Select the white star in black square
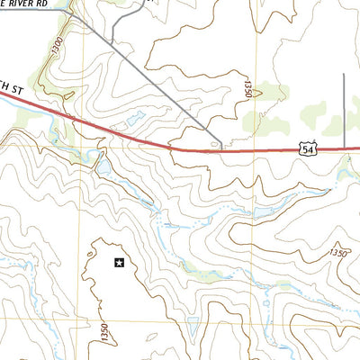pyautogui.click(x=118, y=263)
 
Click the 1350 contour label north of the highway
pyautogui.click(x=245, y=87)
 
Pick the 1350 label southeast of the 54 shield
pyautogui.click(x=337, y=253)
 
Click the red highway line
pyautogui.click(x=180, y=147)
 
